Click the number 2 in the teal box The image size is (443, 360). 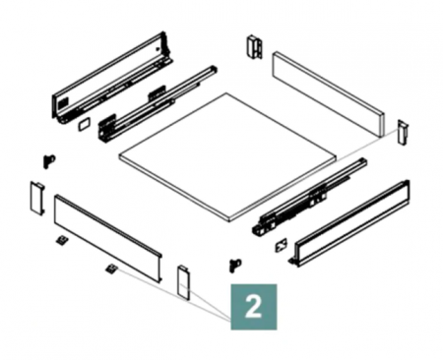253,307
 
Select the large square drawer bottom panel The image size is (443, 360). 227,158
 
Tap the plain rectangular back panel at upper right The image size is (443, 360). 328,93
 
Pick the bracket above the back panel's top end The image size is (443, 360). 254,46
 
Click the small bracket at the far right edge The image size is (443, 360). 403,132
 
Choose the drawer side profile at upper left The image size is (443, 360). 111,78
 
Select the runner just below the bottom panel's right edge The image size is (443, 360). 309,197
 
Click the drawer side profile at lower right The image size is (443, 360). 349,223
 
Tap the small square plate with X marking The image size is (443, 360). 282,245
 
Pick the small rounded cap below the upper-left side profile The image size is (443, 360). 84,124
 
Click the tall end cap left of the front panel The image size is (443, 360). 36,198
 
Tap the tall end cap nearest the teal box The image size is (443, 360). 184,282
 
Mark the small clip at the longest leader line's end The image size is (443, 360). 111,269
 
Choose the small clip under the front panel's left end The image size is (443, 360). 62,240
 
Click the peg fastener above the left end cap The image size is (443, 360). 49,160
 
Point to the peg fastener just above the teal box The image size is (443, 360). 235,265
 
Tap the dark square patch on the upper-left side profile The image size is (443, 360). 61,104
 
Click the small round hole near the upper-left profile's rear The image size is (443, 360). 158,49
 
